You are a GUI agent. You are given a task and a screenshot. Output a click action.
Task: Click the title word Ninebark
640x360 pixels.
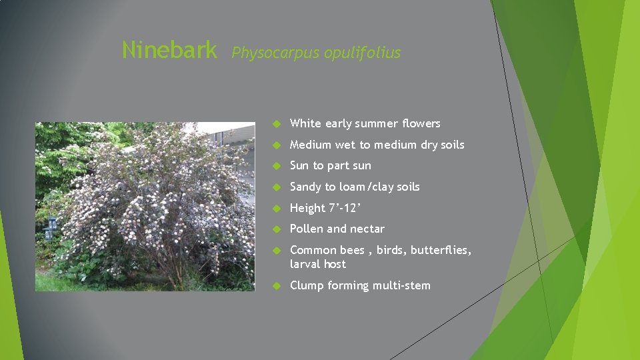pyautogui.click(x=169, y=49)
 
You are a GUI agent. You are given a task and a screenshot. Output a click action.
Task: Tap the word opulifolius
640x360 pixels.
pyautogui.click(x=362, y=53)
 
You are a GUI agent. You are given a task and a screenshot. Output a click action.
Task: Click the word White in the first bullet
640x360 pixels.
pyautogui.click(x=305, y=123)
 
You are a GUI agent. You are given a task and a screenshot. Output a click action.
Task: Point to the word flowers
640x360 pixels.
pyautogui.click(x=421, y=123)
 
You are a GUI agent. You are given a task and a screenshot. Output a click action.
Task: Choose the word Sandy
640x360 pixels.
pyautogui.click(x=306, y=187)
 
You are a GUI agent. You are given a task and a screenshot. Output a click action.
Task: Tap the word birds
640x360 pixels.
pyautogui.click(x=391, y=251)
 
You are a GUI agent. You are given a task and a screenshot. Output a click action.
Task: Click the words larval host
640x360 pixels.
pyautogui.click(x=318, y=265)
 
